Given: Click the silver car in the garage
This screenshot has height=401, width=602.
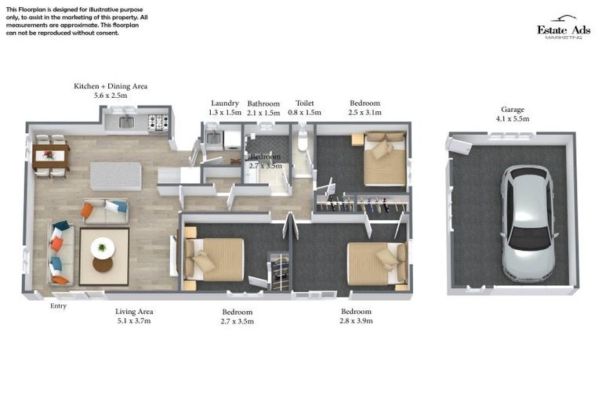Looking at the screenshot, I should coord(527,222).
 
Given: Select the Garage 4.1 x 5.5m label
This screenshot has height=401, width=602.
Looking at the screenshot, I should coord(513,114).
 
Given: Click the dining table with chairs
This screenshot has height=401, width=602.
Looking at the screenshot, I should coord(49,156).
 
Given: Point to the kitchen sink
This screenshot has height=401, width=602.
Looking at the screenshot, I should coord(126,121).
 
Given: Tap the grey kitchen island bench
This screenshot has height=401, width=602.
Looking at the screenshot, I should coord(116,175).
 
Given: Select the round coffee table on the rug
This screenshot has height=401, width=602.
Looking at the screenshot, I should coord(102,249).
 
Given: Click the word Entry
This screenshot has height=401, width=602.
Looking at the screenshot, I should coord(59,306).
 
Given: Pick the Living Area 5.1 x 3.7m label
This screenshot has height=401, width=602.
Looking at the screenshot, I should coord(134,316).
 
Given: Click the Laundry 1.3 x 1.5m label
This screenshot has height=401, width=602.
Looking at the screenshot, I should coord(225,107).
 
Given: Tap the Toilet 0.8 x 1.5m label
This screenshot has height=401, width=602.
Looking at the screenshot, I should coord(304,107).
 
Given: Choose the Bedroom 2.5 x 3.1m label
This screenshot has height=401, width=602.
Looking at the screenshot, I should coord(364,107).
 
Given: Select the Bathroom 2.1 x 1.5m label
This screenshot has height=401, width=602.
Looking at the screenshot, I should coord(263,107).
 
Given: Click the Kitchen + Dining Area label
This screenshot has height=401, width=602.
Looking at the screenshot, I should coord(111,90).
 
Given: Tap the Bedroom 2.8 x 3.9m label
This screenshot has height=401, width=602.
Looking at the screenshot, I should coord(356,316).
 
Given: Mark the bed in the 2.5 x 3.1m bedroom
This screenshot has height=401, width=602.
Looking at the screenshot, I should coord(384,160).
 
